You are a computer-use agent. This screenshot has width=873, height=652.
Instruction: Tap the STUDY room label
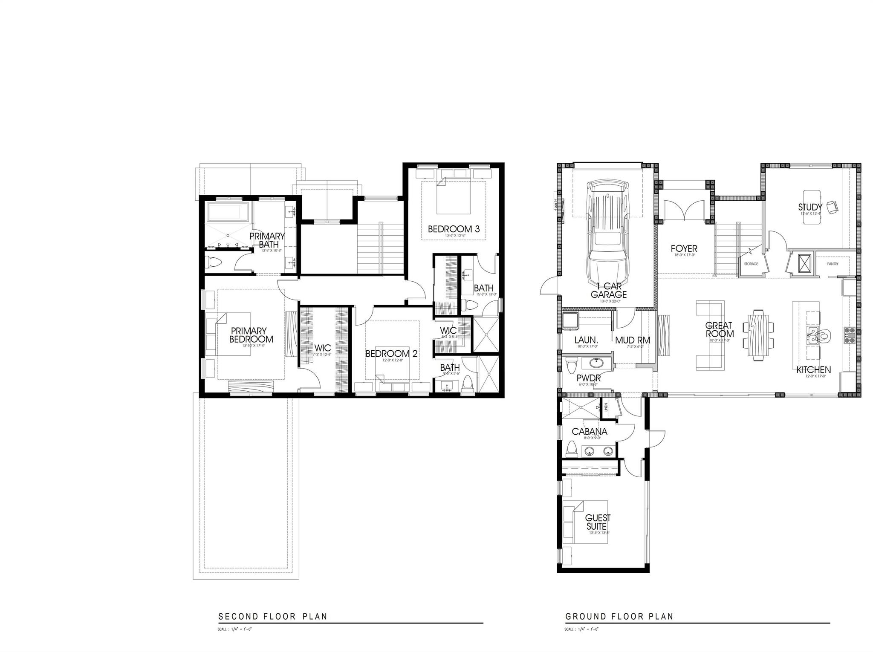810,207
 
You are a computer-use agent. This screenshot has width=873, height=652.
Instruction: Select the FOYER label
684,248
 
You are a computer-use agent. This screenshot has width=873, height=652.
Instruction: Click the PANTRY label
833,264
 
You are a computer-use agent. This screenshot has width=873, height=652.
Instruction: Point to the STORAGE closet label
751,264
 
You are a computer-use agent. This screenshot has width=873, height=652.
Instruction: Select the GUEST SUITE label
598,522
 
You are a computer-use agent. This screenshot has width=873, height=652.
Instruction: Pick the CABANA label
589,432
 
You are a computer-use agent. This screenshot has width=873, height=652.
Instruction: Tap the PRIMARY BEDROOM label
251,335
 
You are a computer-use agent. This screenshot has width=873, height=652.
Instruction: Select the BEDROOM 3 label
454,229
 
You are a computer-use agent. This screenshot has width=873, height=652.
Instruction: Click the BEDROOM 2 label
391,354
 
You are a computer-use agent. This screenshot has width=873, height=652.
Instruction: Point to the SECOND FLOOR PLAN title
273,616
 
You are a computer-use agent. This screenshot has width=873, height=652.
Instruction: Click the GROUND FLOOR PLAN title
619,616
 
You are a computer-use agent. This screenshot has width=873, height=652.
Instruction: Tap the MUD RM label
633,340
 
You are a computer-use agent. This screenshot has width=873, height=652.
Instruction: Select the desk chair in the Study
832,208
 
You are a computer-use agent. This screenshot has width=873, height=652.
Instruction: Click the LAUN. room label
586,340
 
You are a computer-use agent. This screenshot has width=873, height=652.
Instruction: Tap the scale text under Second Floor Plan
235,629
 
